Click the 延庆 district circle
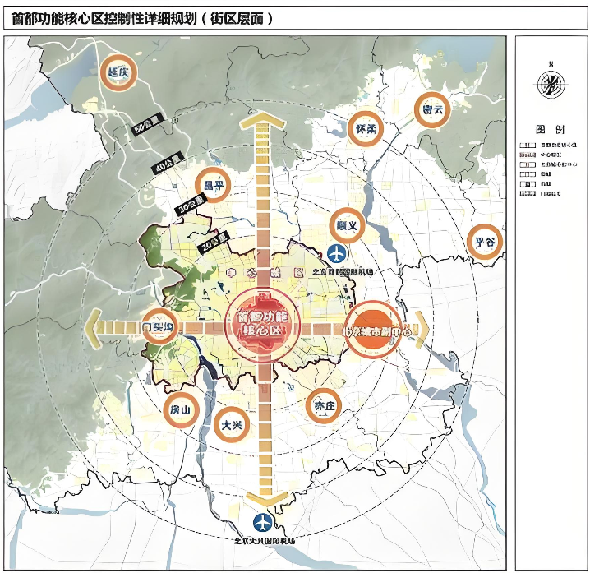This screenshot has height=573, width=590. pyautogui.click(x=117, y=72)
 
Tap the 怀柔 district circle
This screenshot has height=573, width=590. pyautogui.click(x=362, y=129)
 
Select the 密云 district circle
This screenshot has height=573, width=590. pyautogui.click(x=432, y=109)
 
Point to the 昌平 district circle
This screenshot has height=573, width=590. pyautogui.click(x=212, y=186)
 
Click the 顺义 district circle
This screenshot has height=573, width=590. pyautogui.click(x=347, y=224)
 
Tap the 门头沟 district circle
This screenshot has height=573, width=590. pyautogui.click(x=158, y=326)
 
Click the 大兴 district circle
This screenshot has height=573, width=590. pyautogui.click(x=230, y=425)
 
